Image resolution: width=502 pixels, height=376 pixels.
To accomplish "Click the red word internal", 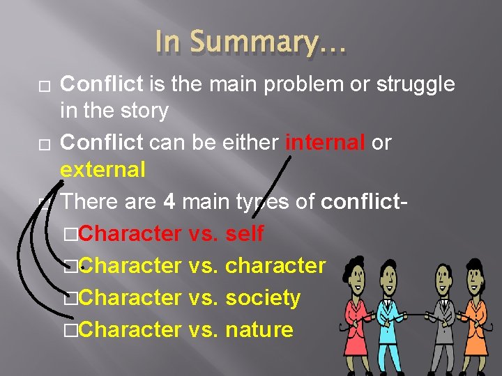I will click(326, 143).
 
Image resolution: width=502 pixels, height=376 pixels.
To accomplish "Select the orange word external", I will click(102, 169).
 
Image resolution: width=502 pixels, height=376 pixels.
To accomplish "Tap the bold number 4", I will click(169, 202).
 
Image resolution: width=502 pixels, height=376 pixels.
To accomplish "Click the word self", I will click(245, 233).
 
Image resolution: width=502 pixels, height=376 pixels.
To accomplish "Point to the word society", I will click(263, 297).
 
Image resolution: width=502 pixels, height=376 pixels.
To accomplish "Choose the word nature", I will click(259, 329).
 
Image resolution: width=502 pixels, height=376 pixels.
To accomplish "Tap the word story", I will click(143, 111).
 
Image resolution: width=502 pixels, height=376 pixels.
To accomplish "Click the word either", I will click(247, 143).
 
